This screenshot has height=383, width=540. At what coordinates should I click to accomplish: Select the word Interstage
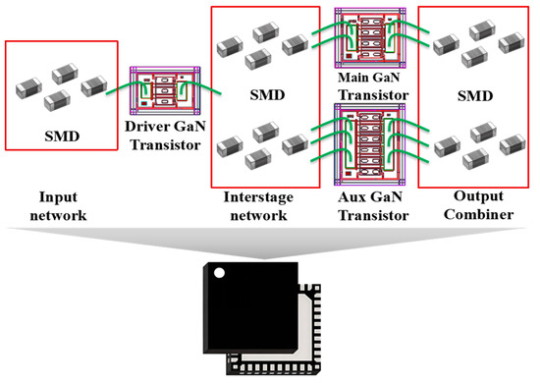pos(265,196)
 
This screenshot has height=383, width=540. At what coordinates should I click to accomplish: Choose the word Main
pos(351,78)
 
